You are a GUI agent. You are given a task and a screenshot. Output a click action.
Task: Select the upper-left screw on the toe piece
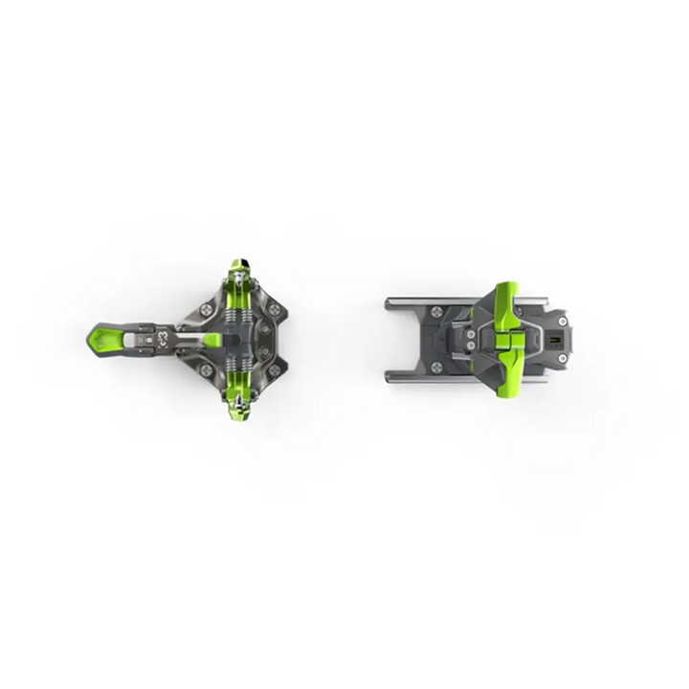208,306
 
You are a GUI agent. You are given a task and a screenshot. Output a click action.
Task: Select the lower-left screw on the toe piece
208,368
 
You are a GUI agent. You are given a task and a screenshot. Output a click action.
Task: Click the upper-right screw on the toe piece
275,309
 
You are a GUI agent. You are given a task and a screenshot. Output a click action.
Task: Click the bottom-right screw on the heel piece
562,358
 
